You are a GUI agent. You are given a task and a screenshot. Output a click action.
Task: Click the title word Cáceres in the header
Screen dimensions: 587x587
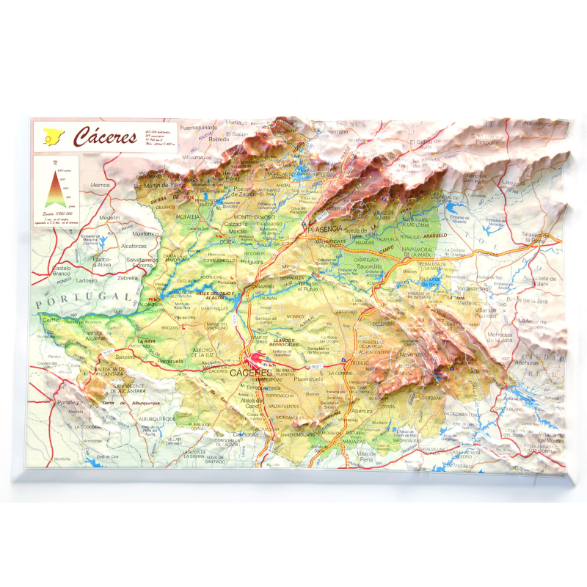(105, 136)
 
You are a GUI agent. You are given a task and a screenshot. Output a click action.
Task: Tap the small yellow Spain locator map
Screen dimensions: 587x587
(53, 136)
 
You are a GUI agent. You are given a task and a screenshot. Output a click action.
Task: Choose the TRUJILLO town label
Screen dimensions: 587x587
(360, 362)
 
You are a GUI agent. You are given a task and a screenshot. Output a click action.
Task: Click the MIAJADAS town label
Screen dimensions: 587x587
(356, 440)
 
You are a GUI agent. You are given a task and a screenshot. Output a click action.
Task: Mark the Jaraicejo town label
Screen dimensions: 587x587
(346, 311)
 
